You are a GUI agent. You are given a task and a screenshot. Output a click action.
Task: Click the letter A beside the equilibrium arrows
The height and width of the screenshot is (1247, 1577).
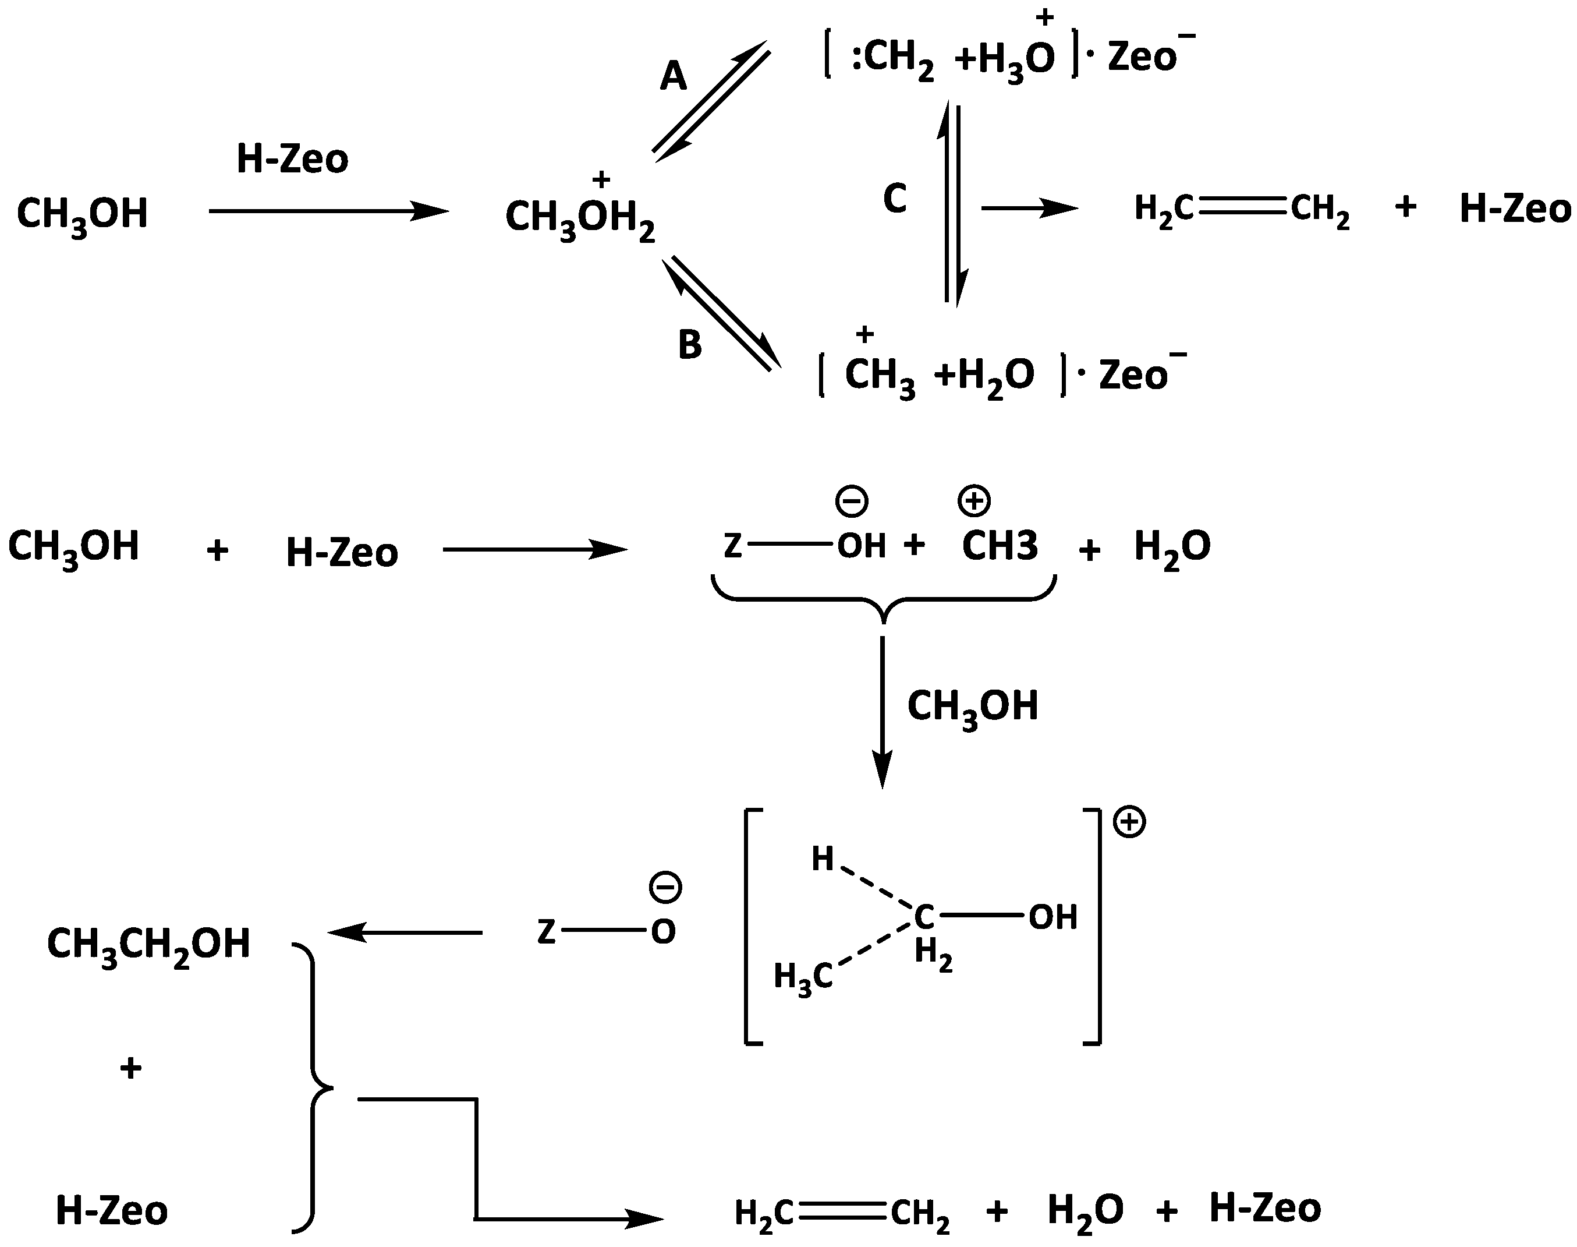coord(673,76)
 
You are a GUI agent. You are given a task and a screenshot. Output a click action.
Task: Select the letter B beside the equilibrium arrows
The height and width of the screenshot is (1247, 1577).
coord(690,345)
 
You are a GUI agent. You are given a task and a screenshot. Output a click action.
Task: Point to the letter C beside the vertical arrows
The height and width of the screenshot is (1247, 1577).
coord(895,199)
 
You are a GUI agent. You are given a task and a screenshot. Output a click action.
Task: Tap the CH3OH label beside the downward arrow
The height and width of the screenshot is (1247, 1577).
coord(972,706)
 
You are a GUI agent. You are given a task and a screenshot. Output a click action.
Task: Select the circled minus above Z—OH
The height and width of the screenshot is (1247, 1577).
coord(852,501)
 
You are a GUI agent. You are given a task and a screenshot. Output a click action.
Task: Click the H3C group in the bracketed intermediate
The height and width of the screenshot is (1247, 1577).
coord(803,976)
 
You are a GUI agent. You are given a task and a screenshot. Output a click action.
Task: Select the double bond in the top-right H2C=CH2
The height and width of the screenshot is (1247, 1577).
coord(1242,208)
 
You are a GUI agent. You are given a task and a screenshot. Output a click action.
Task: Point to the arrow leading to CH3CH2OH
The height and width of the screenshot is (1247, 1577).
coord(406,932)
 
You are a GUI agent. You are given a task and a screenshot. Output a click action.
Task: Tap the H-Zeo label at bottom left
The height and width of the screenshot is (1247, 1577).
coord(112,1210)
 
